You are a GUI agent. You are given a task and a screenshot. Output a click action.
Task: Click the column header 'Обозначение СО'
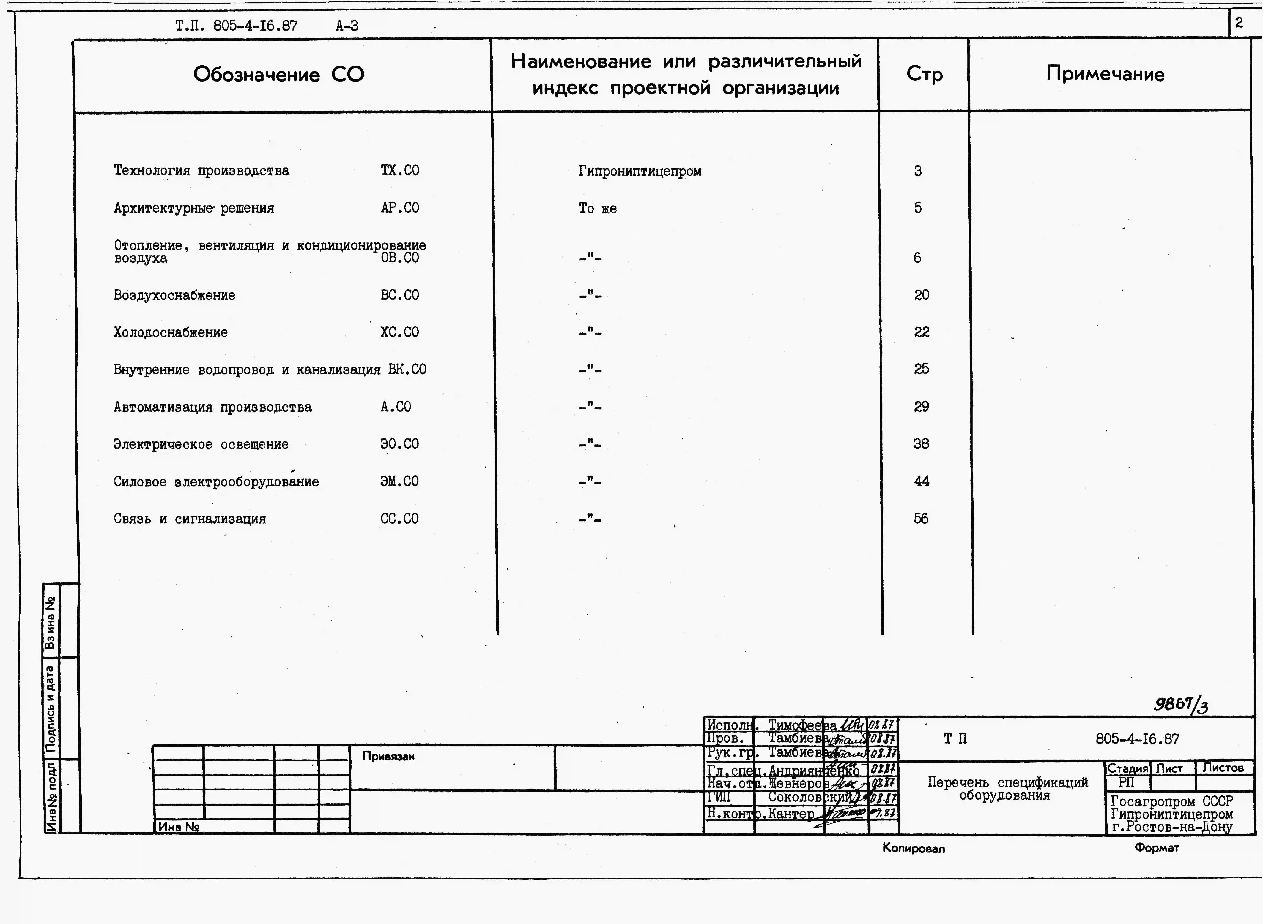point(279,74)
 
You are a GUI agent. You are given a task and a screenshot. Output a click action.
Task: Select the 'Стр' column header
point(925,74)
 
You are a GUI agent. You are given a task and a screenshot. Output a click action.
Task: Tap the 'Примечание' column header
point(1105,74)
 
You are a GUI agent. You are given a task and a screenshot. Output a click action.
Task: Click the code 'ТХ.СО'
point(400,171)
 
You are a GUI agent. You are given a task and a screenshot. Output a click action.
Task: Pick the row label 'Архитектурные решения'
point(194,208)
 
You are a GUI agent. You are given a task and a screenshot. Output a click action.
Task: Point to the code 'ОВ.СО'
point(400,258)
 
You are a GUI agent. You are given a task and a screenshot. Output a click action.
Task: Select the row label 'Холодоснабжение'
point(171,332)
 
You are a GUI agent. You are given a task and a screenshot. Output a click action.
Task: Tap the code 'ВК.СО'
point(407,370)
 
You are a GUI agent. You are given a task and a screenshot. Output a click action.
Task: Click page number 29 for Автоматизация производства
point(921,407)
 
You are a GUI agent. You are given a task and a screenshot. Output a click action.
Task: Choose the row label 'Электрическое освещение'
point(201,444)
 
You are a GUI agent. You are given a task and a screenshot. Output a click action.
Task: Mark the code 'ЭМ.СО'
point(399,481)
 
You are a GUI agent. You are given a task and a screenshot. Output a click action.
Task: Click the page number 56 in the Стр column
point(921,519)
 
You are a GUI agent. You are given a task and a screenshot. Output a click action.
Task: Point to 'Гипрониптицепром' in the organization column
point(640,171)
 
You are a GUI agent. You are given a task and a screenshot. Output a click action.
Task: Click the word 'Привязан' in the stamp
point(388,756)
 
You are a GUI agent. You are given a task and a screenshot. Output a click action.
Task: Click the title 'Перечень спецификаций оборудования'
point(1007,789)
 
